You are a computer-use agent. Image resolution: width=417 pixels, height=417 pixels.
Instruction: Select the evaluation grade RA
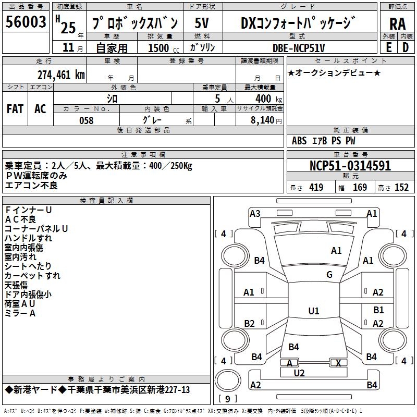pos(397,24)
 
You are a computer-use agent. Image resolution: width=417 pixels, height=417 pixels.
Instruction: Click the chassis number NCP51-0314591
pos(350,166)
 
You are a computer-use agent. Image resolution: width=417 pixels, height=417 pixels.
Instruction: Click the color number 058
pos(86,120)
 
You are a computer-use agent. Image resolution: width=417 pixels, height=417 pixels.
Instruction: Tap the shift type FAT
pos(15,108)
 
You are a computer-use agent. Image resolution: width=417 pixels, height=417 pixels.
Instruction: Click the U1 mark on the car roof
pos(313,311)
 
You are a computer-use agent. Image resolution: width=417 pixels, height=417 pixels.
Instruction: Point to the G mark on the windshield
pos(329,275)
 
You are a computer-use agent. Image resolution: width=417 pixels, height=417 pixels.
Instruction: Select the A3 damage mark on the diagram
pos(255,213)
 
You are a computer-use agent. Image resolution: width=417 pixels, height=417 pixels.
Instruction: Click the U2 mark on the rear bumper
pos(299,373)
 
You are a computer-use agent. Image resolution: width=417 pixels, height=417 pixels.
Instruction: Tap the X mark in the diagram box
pos(339,363)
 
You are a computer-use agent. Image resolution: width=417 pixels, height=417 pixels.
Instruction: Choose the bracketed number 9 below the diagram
pos(227,399)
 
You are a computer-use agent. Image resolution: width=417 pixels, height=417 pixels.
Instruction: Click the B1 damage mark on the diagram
pos(378,310)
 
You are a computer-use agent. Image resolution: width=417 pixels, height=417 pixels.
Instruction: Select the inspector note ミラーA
pos(20,313)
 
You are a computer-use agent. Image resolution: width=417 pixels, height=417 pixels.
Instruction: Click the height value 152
pos(401,188)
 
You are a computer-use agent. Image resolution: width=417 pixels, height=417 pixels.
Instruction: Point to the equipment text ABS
pos(299,140)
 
